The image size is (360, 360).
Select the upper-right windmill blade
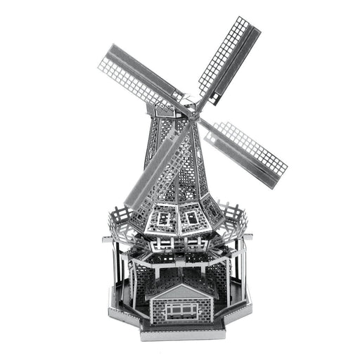(x=226, y=58)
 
